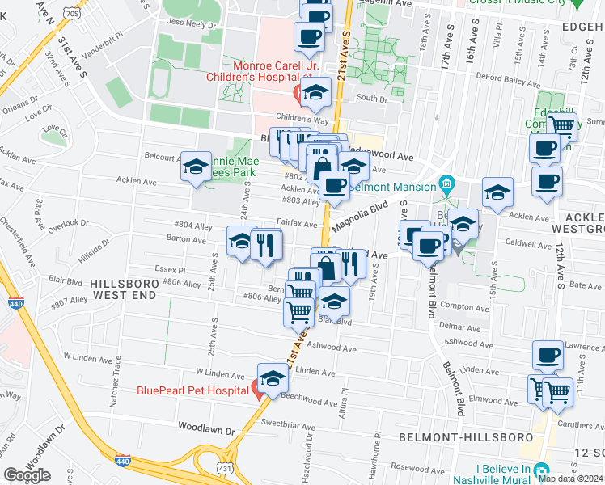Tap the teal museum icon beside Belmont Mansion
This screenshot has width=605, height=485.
(x=445, y=186)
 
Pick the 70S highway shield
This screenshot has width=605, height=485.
(x=72, y=13)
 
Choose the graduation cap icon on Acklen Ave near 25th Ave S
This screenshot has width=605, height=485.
(x=195, y=167)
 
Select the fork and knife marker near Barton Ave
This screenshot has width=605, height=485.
(x=265, y=243)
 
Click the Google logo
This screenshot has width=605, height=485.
(x=27, y=475)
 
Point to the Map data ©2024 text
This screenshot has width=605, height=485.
(x=570, y=479)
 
